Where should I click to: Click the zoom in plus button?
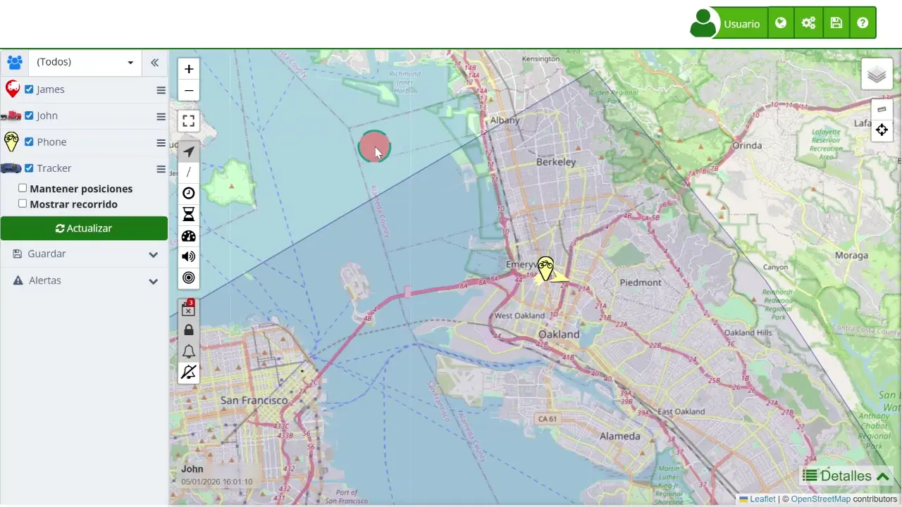(189, 69)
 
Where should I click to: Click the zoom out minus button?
(189, 90)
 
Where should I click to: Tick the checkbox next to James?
(29, 89)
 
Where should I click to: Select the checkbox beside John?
(29, 115)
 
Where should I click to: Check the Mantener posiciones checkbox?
(23, 188)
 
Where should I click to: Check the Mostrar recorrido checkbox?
(23, 204)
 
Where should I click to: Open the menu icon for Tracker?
(161, 169)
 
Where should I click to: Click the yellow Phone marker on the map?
(545, 268)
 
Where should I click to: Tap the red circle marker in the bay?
(373, 146)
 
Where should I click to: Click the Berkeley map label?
(556, 162)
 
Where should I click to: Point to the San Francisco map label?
(254, 401)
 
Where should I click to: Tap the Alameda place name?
(619, 437)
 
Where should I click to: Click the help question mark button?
(863, 23)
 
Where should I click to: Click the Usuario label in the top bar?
(741, 24)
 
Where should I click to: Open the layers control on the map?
(877, 74)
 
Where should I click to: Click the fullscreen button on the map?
(189, 121)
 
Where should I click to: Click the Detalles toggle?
(846, 476)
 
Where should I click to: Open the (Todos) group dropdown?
(85, 62)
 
